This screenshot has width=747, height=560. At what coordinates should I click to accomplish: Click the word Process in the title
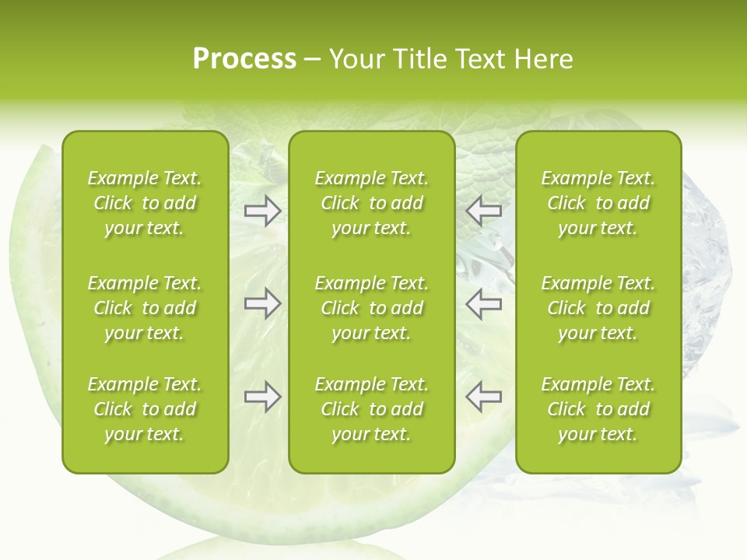244,59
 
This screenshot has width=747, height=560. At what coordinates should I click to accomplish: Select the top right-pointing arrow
263,211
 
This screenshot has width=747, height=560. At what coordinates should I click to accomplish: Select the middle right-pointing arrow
263,303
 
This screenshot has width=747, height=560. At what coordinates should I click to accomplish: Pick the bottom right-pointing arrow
263,397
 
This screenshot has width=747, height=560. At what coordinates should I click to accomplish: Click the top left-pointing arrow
483,211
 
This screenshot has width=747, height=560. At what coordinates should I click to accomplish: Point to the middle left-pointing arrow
483,303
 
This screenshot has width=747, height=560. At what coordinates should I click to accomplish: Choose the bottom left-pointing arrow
483,397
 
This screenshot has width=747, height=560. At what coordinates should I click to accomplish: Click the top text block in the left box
145,203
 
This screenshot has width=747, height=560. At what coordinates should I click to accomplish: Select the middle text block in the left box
145,308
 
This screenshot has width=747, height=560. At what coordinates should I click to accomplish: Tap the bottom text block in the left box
145,409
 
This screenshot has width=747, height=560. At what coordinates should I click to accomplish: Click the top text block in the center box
371,203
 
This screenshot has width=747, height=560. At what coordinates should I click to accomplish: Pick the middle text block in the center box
371,308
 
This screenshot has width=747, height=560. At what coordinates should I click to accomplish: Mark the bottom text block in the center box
371,409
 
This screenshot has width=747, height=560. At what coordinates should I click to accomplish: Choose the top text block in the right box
598,203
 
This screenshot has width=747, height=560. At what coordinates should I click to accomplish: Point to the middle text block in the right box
598,308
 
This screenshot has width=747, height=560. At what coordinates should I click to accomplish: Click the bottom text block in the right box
598,409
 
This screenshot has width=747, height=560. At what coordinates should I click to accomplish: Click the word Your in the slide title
355,59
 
